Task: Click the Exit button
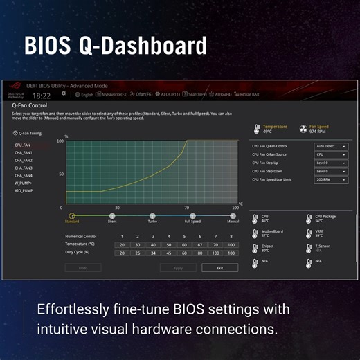219,267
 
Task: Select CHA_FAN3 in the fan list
24,168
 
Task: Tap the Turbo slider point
152,216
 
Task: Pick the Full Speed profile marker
192,216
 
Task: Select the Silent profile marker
112,216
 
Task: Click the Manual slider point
233,216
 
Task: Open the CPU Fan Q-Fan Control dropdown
330,147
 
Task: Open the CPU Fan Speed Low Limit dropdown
330,179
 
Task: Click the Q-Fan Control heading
30,105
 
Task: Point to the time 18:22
42,96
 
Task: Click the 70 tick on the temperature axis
186,208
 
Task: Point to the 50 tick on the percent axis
62,174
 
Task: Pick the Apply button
178,267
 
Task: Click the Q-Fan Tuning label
28,133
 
